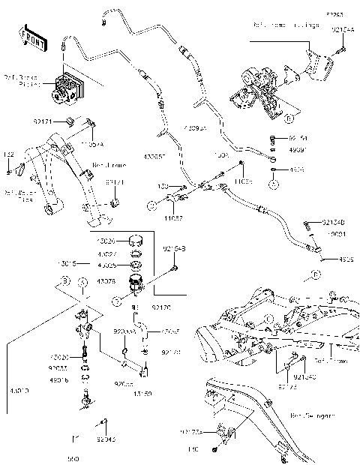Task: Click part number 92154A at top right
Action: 343,29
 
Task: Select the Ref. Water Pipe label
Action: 16,196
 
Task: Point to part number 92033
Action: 59,368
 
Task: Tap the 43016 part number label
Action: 59,380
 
